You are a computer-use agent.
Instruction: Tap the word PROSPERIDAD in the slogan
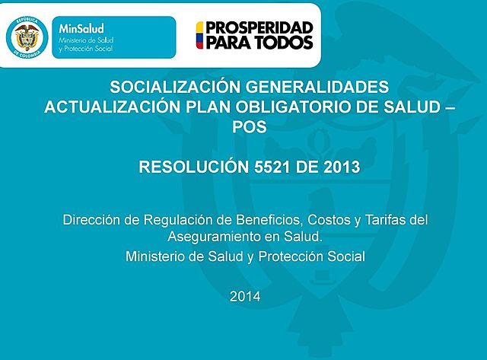click(254, 27)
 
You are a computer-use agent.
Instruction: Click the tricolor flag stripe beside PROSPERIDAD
click(200, 35)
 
